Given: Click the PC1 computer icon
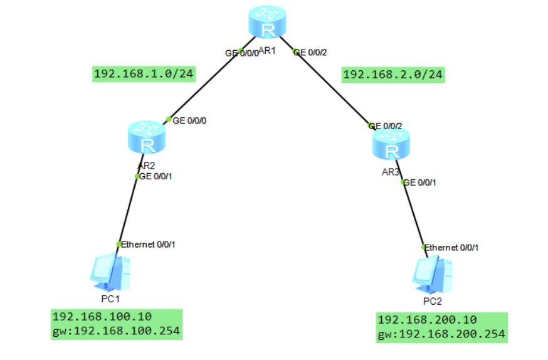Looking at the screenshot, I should [x=111, y=271].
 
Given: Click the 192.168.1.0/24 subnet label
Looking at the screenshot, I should [x=143, y=75].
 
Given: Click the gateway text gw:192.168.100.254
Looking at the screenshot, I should [x=116, y=331].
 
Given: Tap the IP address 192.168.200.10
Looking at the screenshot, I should [x=427, y=319].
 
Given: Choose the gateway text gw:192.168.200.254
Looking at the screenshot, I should [x=441, y=334].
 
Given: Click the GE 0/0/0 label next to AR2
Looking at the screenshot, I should [x=189, y=120].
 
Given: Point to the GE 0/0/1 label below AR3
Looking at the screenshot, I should [x=419, y=183].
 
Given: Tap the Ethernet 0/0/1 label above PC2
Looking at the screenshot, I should [x=451, y=248].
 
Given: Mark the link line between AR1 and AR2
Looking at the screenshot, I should [x=204, y=85].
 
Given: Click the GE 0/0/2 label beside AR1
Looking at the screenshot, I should [x=310, y=53].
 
